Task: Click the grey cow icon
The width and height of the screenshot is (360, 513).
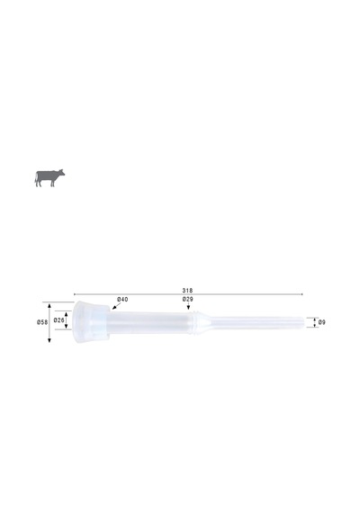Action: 49,178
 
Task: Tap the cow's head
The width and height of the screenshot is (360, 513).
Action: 60,173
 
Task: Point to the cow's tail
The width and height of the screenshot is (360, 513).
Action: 36,178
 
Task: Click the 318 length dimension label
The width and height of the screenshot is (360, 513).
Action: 187,290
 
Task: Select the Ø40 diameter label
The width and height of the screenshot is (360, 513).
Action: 122,300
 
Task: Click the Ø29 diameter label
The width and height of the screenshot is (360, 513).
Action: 188,300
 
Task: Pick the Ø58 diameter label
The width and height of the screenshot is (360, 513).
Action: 42,322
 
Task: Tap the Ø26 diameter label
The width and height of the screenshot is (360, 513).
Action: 58,320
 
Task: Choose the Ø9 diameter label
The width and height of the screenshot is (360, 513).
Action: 321,322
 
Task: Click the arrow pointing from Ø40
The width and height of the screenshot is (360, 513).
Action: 116,306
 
